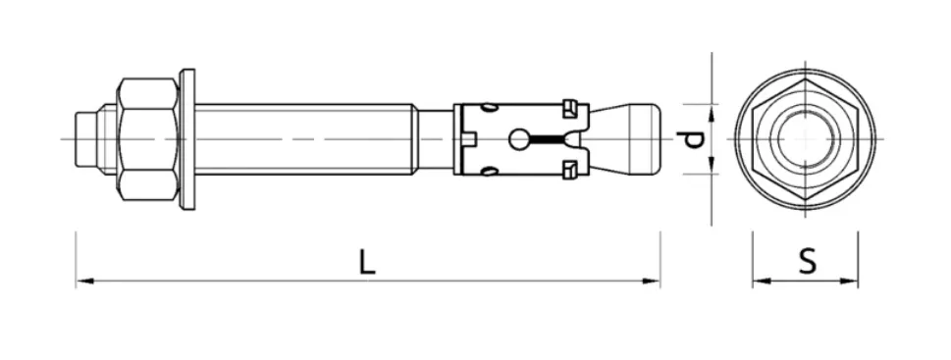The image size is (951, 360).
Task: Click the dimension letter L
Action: [366, 263]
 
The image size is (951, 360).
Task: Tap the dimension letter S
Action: [807, 263]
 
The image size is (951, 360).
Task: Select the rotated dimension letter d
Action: [690, 140]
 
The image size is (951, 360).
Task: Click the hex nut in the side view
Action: [148, 139]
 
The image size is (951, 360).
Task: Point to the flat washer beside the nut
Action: [187, 139]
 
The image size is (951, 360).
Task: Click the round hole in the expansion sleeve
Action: [518, 139]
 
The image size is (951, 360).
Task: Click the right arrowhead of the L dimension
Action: [651, 281]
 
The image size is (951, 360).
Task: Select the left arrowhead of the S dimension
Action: [762, 281]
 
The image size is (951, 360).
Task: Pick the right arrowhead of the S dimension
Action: [849, 281]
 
